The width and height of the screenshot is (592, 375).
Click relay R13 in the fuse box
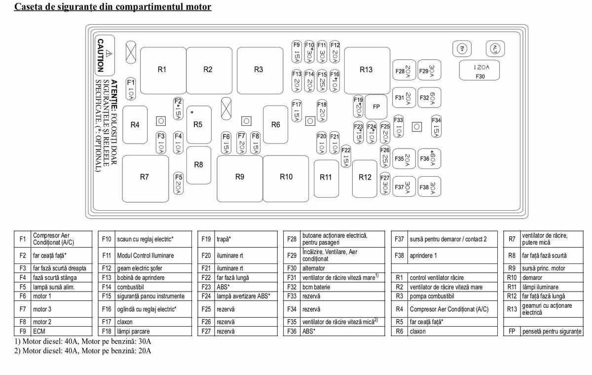(366, 70)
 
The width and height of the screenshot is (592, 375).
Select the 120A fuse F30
(480, 71)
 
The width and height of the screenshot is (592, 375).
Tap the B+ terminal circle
(462, 48)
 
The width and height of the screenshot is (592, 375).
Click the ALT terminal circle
(495, 48)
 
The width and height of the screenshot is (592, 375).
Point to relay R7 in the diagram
(144, 178)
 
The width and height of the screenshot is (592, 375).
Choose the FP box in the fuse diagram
(376, 107)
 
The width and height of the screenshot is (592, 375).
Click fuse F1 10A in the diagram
(131, 88)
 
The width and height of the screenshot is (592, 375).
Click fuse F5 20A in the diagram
(179, 184)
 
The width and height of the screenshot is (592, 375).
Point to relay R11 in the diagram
(326, 178)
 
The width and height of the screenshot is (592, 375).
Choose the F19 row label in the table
(206, 239)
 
